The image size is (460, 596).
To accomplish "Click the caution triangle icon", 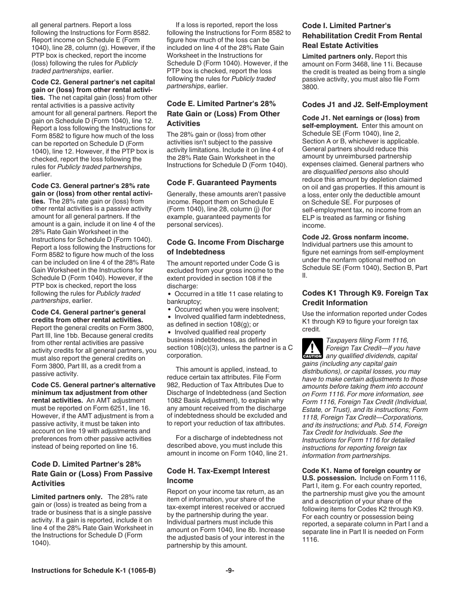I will (x=312, y=348).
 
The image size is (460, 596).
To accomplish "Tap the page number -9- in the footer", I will (x=230, y=571).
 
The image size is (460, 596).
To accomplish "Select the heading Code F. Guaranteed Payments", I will (x=222, y=183).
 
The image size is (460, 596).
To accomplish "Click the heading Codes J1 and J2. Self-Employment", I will (x=365, y=105).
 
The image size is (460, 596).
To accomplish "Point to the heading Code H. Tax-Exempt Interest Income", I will (x=218, y=475).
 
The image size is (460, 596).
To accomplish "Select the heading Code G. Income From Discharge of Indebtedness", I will (x=225, y=247).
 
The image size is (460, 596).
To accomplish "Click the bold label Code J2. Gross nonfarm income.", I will (x=355, y=237).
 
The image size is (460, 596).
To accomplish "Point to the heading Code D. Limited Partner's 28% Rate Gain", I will (x=92, y=473).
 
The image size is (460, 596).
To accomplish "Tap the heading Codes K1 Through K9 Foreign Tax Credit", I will (x=365, y=298).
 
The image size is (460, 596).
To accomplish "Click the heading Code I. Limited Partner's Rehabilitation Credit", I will (x=362, y=35).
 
